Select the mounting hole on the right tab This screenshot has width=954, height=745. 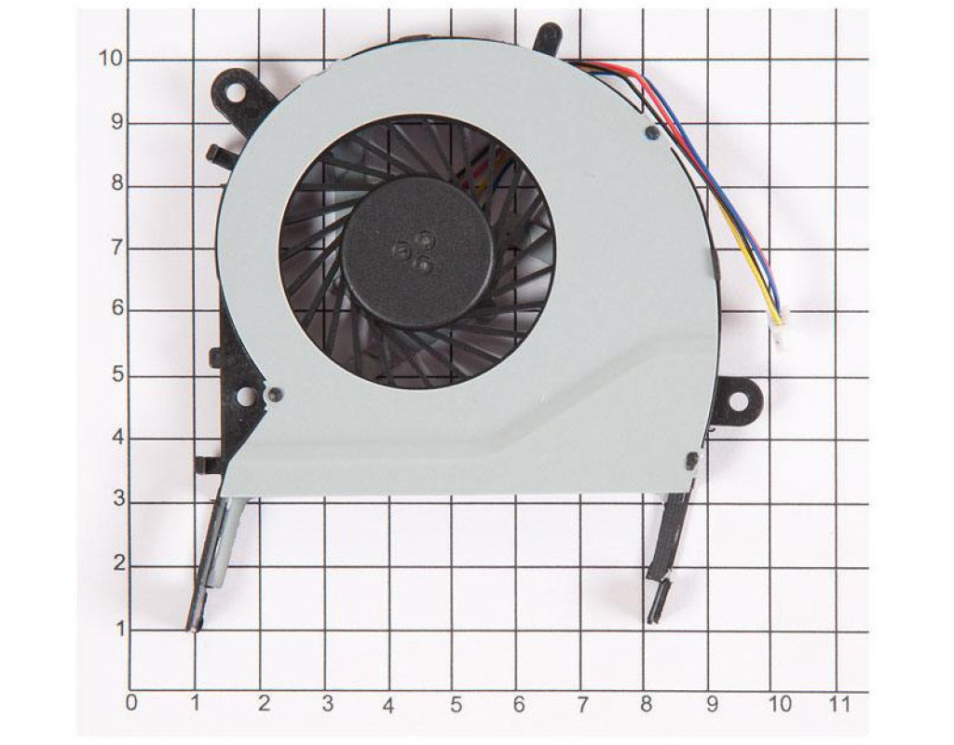[x=738, y=401]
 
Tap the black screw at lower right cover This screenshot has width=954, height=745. [x=691, y=460]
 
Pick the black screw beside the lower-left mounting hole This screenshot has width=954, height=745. [x=275, y=394]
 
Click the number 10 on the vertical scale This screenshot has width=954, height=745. [x=110, y=59]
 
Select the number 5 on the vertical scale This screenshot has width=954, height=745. [x=117, y=375]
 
